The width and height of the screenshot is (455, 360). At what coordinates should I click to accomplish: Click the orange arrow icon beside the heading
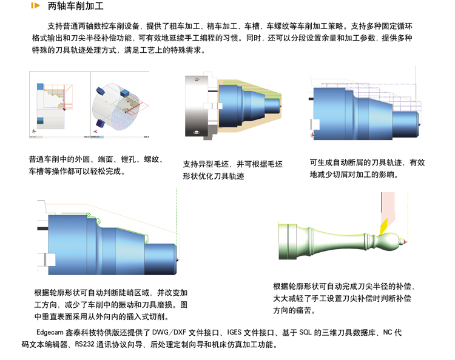(x=35, y=5)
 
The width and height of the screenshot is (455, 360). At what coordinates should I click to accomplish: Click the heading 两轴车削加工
(x=75, y=6)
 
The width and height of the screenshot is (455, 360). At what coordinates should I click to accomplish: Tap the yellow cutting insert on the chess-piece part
(x=383, y=227)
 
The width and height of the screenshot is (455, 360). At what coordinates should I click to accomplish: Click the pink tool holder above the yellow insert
(x=388, y=207)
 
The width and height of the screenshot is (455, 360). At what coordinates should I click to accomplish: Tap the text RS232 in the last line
(x=85, y=344)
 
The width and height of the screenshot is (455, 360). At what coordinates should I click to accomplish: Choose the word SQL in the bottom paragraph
(x=305, y=332)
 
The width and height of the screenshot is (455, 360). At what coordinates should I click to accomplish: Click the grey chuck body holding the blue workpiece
(x=197, y=107)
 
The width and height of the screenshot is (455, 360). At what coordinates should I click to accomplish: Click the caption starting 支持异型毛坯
(x=233, y=170)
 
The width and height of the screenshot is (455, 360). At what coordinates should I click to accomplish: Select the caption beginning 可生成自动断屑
(x=367, y=168)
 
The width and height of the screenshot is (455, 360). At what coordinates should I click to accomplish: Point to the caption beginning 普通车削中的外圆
(x=96, y=165)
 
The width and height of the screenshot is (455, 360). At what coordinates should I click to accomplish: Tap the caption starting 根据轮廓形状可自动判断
(x=111, y=305)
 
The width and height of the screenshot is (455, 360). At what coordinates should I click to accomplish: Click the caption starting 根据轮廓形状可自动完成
(x=343, y=298)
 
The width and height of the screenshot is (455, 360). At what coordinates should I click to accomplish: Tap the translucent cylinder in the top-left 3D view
(x=116, y=107)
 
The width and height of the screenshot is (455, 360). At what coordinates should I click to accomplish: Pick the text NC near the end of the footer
(x=388, y=332)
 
